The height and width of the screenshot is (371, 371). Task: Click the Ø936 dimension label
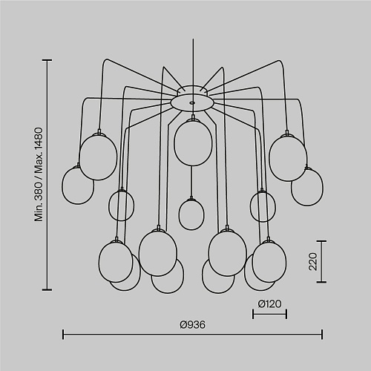[193, 325]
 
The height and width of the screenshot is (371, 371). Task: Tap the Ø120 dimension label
[269, 304]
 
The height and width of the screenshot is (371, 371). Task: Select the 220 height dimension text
[313, 261]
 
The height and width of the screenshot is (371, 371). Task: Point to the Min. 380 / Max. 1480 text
[39, 174]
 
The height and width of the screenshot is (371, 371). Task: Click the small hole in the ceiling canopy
[191, 102]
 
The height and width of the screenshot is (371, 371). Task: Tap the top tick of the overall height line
[47, 60]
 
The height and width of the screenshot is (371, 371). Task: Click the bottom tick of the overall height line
[47, 289]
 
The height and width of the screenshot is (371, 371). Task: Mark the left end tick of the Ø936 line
[63, 334]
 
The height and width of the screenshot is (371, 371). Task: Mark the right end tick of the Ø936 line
[322, 334]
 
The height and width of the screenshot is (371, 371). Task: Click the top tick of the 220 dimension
[321, 241]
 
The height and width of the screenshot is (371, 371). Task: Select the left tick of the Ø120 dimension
[253, 314]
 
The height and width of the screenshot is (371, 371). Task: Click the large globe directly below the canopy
[193, 142]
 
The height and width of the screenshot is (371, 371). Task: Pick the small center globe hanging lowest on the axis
[191, 214]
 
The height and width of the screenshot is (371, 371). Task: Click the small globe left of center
[122, 206]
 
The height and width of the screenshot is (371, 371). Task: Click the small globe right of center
[263, 206]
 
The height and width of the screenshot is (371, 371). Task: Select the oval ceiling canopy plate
[192, 103]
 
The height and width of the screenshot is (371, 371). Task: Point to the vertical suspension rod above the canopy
[193, 62]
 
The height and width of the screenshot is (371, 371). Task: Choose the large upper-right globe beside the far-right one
[288, 157]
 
